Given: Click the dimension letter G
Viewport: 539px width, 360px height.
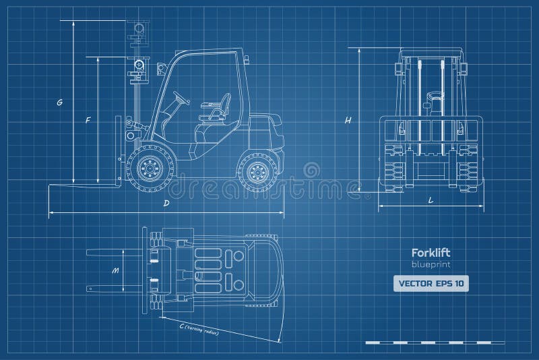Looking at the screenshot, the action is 60,102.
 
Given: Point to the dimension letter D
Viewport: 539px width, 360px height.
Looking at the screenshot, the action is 166,203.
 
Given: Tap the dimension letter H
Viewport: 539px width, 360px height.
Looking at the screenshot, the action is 348,120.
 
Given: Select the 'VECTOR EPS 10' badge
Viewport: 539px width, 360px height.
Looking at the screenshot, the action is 431,284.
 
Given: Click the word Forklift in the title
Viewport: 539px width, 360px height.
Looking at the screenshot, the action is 429,253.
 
